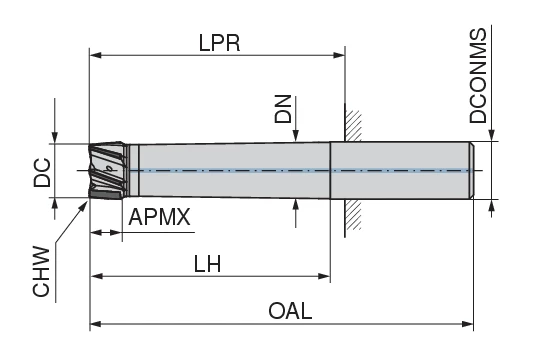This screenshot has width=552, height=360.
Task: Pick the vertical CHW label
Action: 41,275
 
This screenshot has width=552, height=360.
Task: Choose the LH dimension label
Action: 208,264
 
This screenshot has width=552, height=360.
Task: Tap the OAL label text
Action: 290,311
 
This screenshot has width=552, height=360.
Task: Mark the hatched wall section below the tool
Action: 350,216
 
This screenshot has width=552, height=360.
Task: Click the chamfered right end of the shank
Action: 472,171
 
